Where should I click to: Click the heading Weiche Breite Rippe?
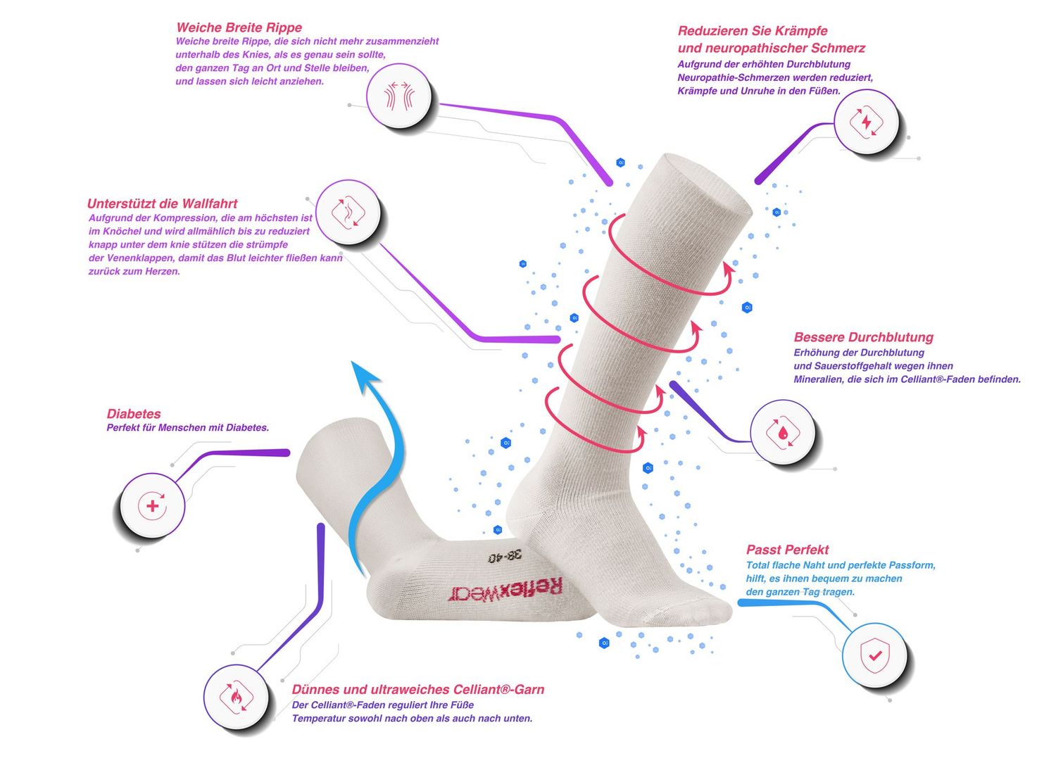(x=239, y=27)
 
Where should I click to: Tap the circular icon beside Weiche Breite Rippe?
(x=398, y=96)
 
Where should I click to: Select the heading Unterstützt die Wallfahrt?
(x=162, y=203)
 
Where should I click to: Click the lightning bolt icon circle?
(x=866, y=122)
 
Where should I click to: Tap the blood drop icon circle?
(x=782, y=431)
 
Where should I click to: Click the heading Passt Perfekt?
(x=787, y=550)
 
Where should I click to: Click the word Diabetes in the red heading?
(x=134, y=414)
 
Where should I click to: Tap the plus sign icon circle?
(x=152, y=505)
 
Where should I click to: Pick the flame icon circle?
(x=236, y=696)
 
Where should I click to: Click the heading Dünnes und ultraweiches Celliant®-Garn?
(x=418, y=690)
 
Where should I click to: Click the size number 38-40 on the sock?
(x=506, y=555)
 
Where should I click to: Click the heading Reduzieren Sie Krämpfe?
(x=752, y=31)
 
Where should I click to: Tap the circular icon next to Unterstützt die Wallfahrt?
(x=348, y=212)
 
